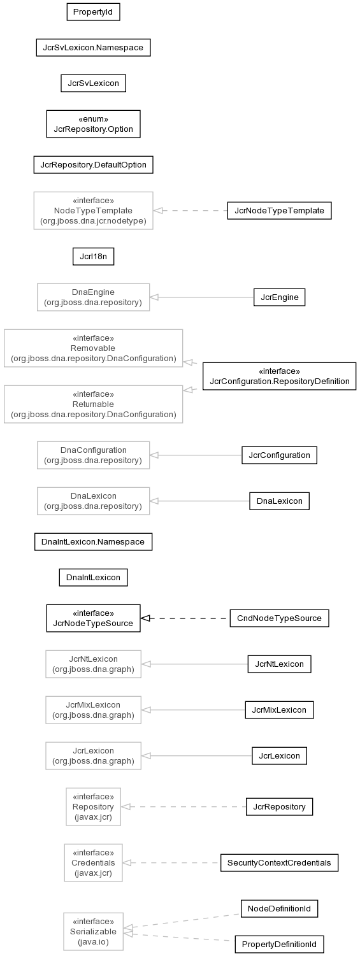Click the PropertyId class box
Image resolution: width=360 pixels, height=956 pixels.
click(93, 12)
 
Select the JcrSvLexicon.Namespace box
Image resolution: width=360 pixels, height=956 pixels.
click(93, 47)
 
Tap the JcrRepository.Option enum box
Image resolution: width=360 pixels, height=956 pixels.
click(93, 124)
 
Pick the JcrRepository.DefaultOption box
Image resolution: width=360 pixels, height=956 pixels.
click(93, 165)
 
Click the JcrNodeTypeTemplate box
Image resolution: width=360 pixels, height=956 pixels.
click(279, 211)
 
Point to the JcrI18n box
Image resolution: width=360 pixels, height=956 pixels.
click(93, 257)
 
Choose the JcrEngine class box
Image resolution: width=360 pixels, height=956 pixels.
click(279, 297)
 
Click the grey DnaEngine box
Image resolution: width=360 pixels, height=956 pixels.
click(93, 297)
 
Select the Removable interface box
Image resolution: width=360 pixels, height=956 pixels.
click(93, 348)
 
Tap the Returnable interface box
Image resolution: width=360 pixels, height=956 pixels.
click(93, 404)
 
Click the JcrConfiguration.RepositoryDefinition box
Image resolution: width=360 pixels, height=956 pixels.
click(279, 376)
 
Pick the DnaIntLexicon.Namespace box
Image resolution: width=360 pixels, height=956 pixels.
click(93, 541)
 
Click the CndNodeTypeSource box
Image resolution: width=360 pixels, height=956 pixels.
click(279, 618)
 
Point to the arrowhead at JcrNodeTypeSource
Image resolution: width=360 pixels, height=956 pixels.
click(145, 618)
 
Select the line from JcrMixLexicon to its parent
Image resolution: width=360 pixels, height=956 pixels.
click(193, 710)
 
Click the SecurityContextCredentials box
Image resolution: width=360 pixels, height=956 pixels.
click(279, 862)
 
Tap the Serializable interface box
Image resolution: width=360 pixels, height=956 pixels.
click(93, 931)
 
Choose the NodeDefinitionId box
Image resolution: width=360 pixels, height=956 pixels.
click(279, 908)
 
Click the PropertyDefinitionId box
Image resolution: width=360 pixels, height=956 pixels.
click(279, 944)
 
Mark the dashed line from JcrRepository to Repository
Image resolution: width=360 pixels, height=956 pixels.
click(184, 806)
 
